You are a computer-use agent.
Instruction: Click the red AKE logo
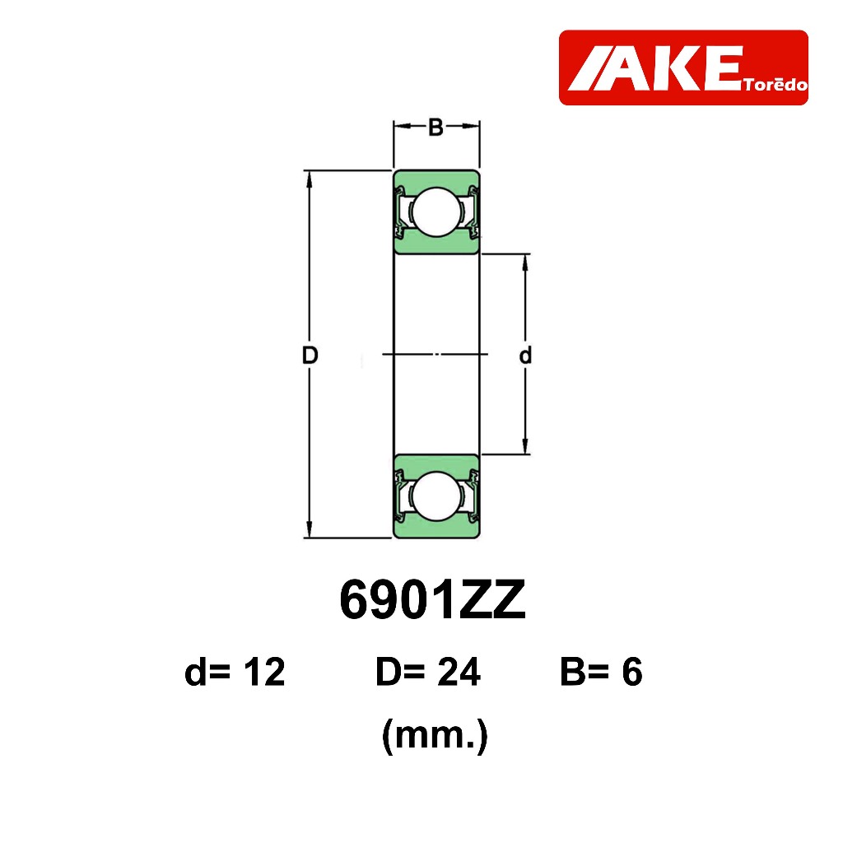tap(683, 68)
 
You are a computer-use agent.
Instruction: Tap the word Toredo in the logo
tap(775, 85)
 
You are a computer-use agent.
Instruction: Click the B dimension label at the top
tap(435, 128)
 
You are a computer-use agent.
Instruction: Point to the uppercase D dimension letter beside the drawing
tap(310, 356)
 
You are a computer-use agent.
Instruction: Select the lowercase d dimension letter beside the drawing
tap(525, 355)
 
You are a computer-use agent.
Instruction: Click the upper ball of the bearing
tap(436, 212)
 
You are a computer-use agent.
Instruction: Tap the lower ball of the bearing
tap(436, 496)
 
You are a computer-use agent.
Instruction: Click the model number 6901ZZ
tap(433, 600)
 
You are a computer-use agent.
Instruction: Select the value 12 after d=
tap(264, 672)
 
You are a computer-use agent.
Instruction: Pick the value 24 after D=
tap(459, 672)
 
